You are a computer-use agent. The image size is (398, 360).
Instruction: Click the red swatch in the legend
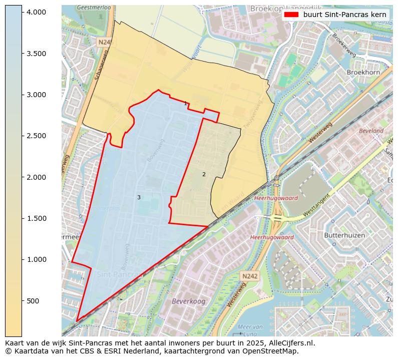[x=290, y=15]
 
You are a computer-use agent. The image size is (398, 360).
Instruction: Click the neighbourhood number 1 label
[x=185, y=104]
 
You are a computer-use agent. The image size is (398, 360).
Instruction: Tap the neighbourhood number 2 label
[x=204, y=174]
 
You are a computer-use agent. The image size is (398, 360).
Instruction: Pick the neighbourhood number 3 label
[x=139, y=197]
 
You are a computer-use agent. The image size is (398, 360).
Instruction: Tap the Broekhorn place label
[x=363, y=72]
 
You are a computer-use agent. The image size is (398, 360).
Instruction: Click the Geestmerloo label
[x=94, y=8]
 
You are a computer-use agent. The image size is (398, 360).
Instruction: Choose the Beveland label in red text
[x=371, y=131]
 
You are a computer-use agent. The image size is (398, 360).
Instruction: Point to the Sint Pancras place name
[x=117, y=274]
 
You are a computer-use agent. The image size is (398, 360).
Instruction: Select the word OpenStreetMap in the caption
[x=272, y=351]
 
